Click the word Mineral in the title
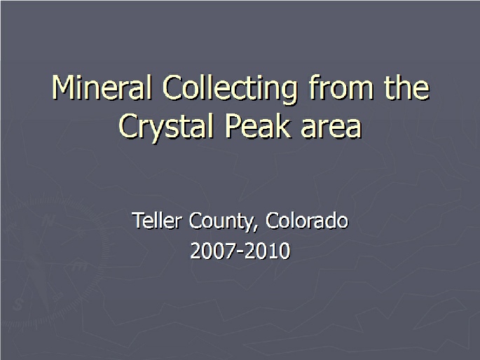click(102, 88)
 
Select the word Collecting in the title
click(230, 90)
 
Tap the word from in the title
click(341, 87)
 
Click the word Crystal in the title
click(165, 127)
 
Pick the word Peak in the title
click(257, 125)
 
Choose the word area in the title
click(331, 129)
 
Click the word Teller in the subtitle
click(157, 220)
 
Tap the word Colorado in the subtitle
click(307, 220)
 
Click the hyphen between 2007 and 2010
click(240, 252)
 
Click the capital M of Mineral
click(63, 88)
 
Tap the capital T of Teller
click(138, 220)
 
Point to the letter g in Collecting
click(289, 94)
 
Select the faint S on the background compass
click(18, 305)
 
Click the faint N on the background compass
click(48, 220)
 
